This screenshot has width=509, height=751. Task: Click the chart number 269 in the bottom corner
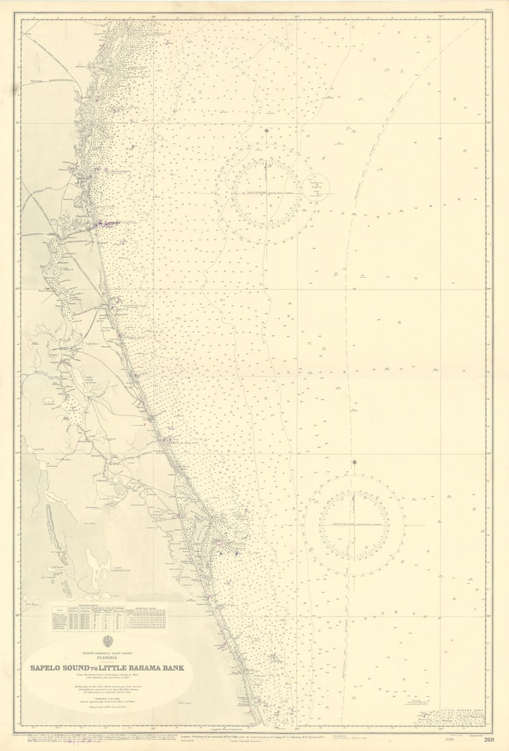pos(489,740)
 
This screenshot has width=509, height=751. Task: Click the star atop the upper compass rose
pos(266,130)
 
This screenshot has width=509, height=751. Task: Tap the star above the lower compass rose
pos(354,462)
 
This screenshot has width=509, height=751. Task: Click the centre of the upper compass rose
pos(266,194)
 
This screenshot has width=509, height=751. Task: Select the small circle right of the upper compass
pos(317,185)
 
